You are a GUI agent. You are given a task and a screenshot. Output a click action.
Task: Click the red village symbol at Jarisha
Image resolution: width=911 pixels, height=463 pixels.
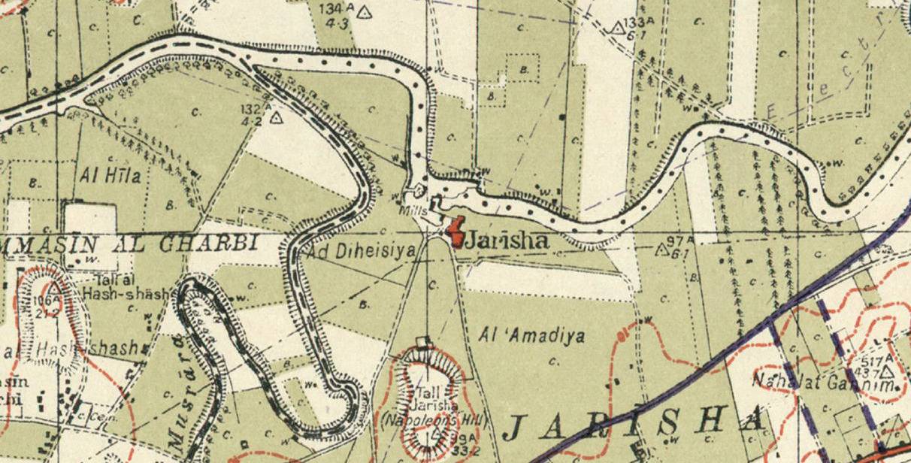point(455,232)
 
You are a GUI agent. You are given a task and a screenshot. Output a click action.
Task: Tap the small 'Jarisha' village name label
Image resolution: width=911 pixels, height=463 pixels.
point(503,242)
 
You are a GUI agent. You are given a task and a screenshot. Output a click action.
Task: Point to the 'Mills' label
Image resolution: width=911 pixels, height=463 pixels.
point(413,212)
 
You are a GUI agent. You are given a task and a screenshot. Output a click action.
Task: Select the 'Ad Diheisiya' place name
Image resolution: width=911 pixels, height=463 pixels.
point(361,253)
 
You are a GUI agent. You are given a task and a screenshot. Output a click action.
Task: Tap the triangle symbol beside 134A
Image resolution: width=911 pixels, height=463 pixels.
point(365,11)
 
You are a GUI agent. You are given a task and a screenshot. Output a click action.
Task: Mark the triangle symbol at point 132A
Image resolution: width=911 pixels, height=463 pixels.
point(276,117)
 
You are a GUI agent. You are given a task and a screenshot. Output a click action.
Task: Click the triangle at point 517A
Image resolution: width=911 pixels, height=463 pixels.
point(888,371)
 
